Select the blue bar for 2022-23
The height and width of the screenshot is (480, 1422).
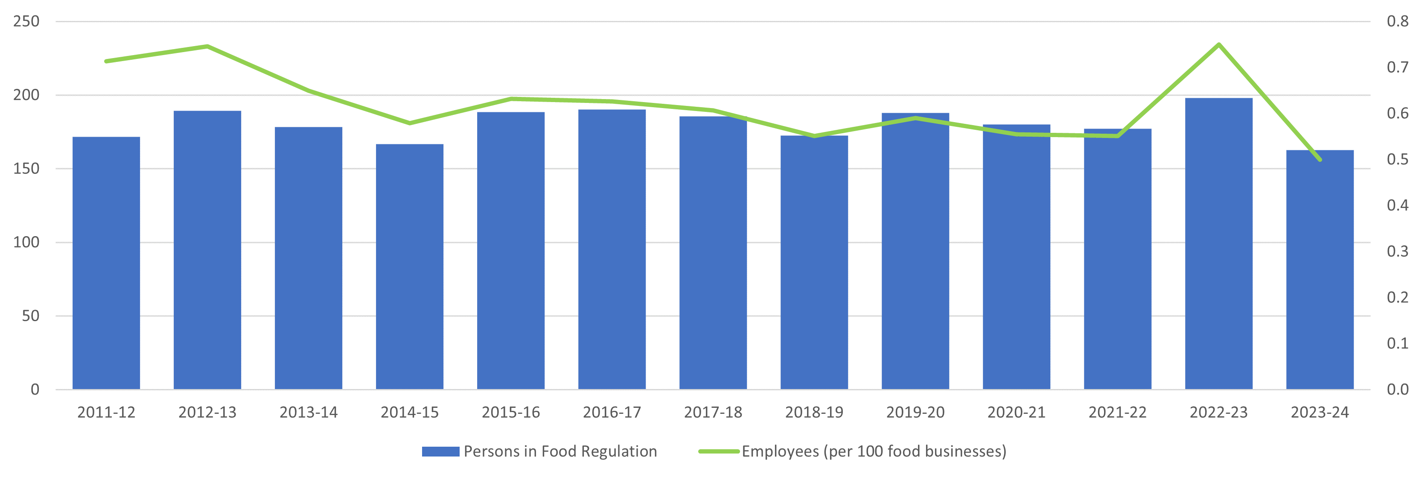pos(1218,243)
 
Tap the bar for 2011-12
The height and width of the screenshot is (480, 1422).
pos(106,262)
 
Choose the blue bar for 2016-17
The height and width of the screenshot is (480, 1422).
pos(612,249)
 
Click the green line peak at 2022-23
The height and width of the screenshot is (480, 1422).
pos(1218,45)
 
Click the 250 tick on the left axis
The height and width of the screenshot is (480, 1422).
pos(26,21)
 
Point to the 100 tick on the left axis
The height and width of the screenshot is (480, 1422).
pos(26,242)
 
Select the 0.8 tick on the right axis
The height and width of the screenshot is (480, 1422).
pos(1397,21)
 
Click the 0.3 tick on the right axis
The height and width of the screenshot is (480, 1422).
pos(1397,252)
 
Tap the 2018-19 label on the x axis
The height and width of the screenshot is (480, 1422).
pos(814,412)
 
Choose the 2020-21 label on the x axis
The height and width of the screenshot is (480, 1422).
pos(1016,412)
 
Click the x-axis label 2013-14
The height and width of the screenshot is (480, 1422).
pos(308,412)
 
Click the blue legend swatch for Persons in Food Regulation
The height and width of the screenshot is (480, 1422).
pos(440,451)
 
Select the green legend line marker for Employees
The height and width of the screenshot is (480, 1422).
pos(718,451)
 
